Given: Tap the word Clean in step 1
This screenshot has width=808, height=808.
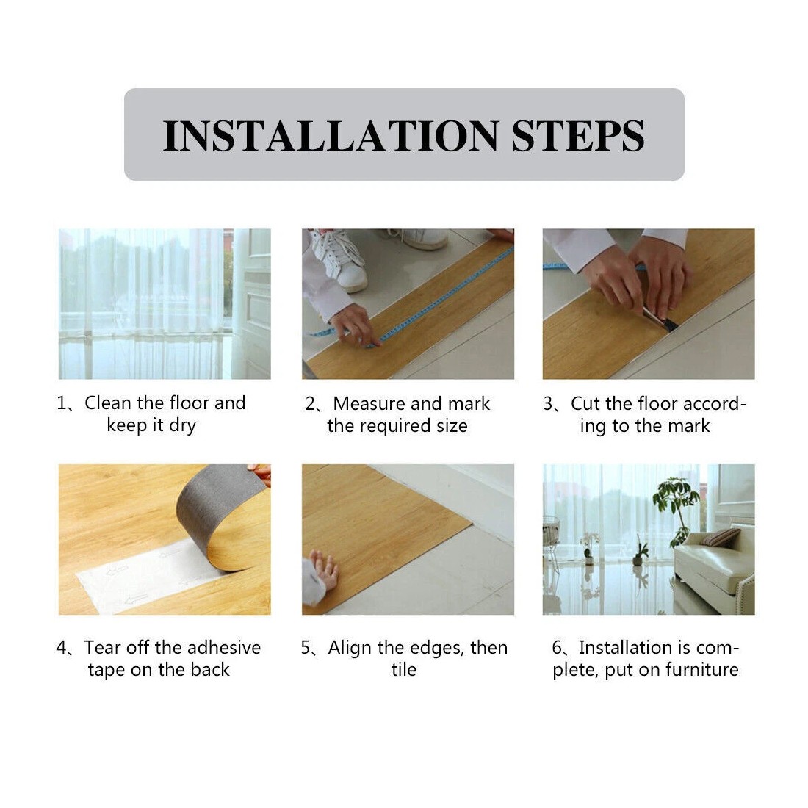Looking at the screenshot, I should point(108,403).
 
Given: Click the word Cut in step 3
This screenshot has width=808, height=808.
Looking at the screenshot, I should point(585,403).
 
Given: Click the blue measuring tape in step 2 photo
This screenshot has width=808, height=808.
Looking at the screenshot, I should point(441,294).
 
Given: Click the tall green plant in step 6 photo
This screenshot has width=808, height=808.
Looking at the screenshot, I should point(676,507).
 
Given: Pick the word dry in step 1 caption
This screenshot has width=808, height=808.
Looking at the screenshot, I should point(182,425).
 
